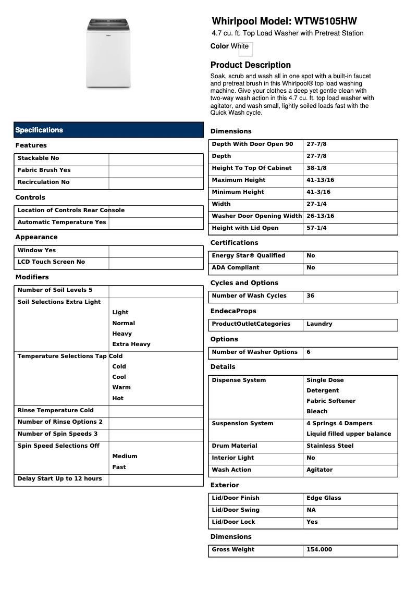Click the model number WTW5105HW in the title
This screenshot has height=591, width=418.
coord(326,21)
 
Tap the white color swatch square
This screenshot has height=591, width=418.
coord(245,49)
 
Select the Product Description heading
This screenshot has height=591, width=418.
coord(250,65)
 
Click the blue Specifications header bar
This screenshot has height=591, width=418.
coord(108,130)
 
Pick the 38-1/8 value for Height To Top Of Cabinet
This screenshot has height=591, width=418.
coord(316,168)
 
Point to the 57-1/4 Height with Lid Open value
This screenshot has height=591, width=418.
coord(316,228)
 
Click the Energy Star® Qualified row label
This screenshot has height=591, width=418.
coord(249,256)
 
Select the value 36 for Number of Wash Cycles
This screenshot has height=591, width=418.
coord(311,296)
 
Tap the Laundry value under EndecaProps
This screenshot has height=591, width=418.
coord(319,324)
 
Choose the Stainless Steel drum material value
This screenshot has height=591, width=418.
coord(330,446)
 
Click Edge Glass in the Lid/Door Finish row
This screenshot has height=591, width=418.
coord(324,498)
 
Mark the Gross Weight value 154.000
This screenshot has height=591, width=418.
coord(319,550)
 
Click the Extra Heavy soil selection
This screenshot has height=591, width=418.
coord(131,344)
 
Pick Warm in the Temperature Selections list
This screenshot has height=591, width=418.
coord(121,388)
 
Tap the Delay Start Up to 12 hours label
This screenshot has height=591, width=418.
coord(60,479)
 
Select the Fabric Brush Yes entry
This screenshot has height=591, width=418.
coord(44,170)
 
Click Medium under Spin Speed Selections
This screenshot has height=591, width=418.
coord(125,457)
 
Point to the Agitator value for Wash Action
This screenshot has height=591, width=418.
coord(319,470)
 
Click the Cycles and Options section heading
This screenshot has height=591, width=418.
coord(244,283)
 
